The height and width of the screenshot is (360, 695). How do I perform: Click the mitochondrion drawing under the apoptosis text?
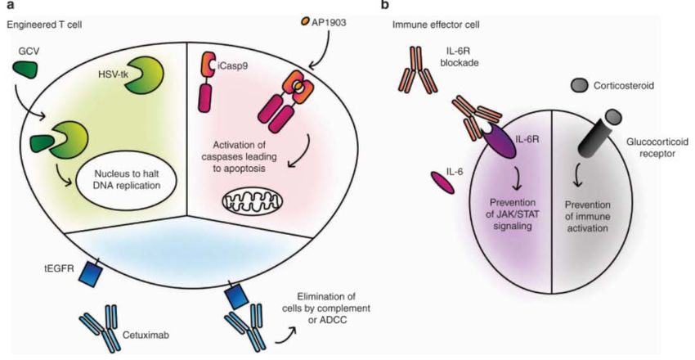251,200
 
